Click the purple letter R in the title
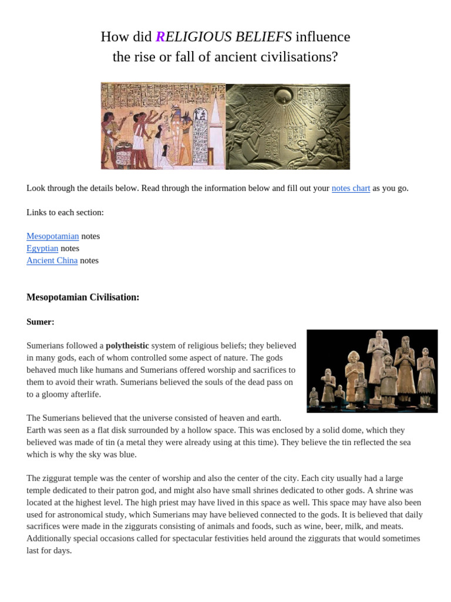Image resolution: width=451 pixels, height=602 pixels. click(x=160, y=37)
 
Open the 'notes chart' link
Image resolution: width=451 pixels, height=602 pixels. click(x=351, y=188)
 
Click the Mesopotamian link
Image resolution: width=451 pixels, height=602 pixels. click(x=52, y=236)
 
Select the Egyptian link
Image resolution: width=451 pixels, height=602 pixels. click(x=42, y=248)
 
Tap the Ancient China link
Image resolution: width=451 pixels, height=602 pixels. click(x=52, y=260)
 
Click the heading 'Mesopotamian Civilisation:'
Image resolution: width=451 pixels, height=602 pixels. click(x=83, y=297)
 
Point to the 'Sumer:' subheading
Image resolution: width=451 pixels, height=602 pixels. click(x=41, y=322)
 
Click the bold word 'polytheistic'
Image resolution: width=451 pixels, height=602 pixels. click(x=127, y=346)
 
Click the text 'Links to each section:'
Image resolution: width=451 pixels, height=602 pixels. click(x=65, y=212)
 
